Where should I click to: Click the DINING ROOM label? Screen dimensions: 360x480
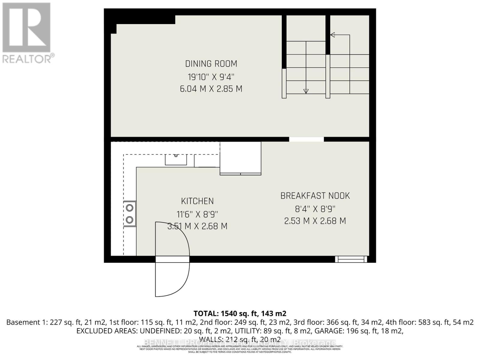click(x=211, y=64)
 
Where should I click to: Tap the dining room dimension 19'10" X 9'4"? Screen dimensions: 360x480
click(x=211, y=77)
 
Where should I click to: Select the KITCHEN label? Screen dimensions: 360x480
click(x=197, y=201)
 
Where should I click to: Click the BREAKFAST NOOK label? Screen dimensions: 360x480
click(x=315, y=196)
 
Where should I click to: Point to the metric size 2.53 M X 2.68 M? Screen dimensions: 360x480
click(x=315, y=221)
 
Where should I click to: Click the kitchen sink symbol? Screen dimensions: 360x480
click(x=176, y=159)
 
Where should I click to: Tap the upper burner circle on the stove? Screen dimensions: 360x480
click(x=130, y=208)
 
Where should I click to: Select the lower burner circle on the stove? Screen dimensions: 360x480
click(x=130, y=220)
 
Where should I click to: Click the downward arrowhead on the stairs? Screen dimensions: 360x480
click(x=306, y=91)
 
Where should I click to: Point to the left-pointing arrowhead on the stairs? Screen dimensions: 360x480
click(x=332, y=35)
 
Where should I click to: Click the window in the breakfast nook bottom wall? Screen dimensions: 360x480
click(x=351, y=259)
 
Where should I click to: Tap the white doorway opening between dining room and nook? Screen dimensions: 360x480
click(x=306, y=139)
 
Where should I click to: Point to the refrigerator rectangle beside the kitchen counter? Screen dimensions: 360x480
click(x=240, y=158)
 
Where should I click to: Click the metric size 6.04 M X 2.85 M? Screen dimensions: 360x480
click(x=211, y=89)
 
